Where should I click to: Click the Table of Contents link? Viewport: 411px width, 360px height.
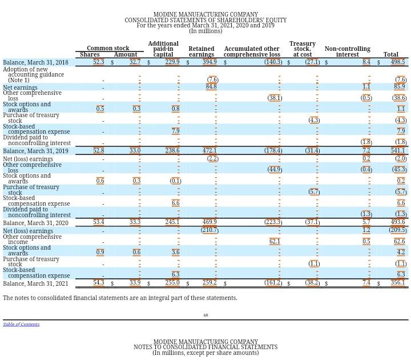click(x=21, y=325)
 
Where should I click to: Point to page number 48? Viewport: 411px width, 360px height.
click(x=205, y=315)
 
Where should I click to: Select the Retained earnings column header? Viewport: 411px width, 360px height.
click(x=202, y=51)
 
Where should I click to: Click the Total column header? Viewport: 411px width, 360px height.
click(x=391, y=55)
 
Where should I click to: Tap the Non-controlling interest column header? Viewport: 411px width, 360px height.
click(x=347, y=51)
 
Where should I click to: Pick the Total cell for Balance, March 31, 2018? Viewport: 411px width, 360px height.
click(x=398, y=62)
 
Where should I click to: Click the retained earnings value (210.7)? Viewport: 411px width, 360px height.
click(x=209, y=230)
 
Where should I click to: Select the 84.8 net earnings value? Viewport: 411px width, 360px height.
click(x=211, y=87)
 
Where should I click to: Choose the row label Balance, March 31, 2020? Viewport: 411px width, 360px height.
click(x=35, y=223)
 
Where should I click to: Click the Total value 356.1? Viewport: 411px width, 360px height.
click(x=398, y=283)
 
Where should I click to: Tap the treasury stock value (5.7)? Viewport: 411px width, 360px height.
click(x=314, y=192)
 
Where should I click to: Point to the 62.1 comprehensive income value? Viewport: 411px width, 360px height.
click(x=275, y=242)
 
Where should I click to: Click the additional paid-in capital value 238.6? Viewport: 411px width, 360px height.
click(x=172, y=151)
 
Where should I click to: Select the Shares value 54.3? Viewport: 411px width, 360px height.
click(x=98, y=283)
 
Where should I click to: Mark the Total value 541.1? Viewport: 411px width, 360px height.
click(x=398, y=151)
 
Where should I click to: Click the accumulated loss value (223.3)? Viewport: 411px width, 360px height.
click(x=273, y=222)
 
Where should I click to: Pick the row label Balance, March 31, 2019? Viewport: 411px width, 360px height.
click(x=35, y=151)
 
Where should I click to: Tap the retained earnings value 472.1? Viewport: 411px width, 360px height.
click(x=209, y=151)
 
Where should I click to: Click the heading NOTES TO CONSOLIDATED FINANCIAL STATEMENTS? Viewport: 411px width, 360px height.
click(x=205, y=347)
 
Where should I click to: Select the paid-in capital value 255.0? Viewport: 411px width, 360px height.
click(x=172, y=283)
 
